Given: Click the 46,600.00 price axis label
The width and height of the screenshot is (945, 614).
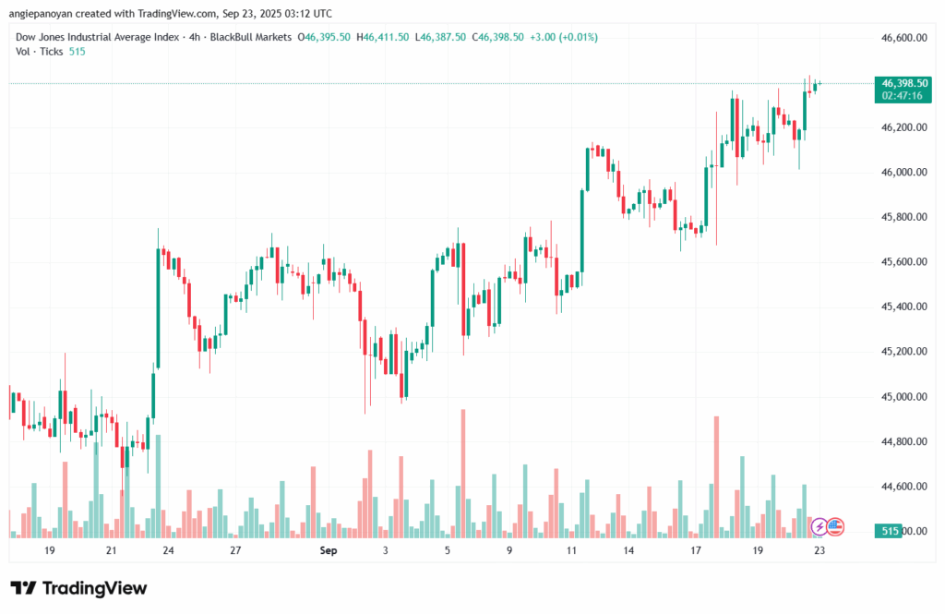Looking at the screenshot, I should (x=905, y=37).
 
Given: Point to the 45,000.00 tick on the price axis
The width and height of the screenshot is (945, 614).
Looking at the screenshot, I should (x=905, y=396).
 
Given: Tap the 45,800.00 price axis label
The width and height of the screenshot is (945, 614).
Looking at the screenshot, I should (x=905, y=217).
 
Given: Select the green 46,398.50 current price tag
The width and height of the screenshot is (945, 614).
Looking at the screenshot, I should (x=904, y=83).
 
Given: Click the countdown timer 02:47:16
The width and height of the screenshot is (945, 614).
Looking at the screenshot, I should (x=904, y=95).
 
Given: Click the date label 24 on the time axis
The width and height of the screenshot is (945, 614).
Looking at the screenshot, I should (x=168, y=550).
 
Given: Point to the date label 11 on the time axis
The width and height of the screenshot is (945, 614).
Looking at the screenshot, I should (x=571, y=550).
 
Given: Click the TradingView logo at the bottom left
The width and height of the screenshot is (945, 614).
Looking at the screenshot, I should (x=78, y=588).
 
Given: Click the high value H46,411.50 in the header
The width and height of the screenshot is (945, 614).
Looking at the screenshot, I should (x=386, y=37).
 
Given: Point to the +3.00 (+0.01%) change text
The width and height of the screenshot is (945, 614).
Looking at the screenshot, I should (x=564, y=37).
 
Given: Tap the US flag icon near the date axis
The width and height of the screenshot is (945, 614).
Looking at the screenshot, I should (x=834, y=526).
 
